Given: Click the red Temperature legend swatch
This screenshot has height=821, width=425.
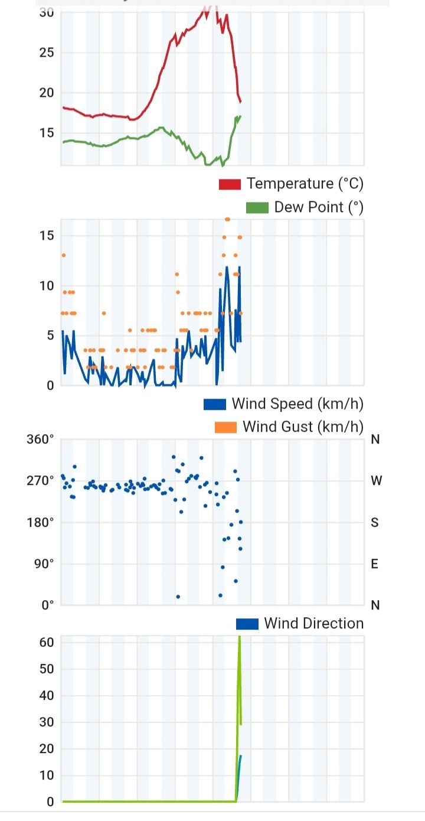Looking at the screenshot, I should click(230, 184).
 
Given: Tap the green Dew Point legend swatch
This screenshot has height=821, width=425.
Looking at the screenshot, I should click(257, 207).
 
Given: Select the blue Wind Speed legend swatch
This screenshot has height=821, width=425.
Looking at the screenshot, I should click(215, 404).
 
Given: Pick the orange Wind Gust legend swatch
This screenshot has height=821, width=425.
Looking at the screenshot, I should click(225, 426).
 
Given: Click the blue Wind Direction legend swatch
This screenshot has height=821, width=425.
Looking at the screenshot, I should click(247, 624).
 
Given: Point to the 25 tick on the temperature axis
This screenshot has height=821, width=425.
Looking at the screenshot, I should click(47, 53).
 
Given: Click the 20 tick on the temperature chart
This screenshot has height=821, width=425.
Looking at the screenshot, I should click(47, 93).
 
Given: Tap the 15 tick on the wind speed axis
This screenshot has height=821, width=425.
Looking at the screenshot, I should click(47, 236).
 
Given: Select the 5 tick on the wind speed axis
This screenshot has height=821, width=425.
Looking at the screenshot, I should click(50, 335).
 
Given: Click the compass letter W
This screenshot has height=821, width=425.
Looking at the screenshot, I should click(376, 481).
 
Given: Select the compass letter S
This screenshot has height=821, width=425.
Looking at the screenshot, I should click(374, 522).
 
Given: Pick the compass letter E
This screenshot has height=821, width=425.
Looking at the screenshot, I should click(374, 563).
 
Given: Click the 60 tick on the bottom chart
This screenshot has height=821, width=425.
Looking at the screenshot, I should click(47, 642).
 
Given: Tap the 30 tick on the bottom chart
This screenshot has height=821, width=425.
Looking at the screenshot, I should click(47, 722).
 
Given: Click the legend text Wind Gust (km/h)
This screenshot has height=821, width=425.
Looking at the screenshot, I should click(303, 426).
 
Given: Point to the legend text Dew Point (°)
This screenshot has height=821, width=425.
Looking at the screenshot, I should click(319, 207).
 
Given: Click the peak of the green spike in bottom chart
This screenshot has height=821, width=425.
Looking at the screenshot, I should click(239, 638).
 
